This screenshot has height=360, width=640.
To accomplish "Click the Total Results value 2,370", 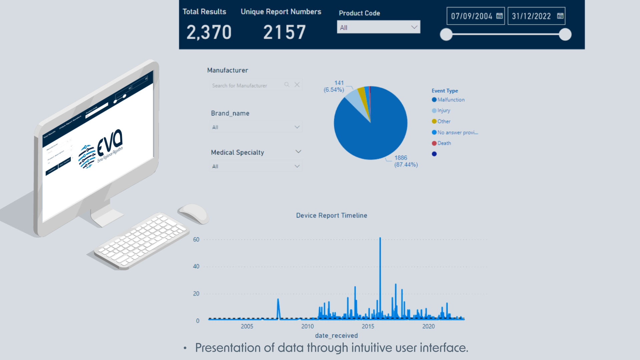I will click(x=209, y=32).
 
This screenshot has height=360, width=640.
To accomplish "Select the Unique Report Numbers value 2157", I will click(x=284, y=32).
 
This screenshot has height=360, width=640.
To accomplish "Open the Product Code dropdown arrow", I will click(x=414, y=27).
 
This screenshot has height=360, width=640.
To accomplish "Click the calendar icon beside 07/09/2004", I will click(x=499, y=16).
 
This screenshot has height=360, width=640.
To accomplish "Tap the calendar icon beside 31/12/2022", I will click(x=560, y=16).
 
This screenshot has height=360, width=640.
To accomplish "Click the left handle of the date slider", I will click(x=446, y=34).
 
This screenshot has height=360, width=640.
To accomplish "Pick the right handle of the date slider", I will click(x=565, y=34).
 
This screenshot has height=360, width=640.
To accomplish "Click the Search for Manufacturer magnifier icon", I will click(x=287, y=85).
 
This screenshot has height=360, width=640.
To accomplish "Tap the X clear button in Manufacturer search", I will click(x=297, y=85).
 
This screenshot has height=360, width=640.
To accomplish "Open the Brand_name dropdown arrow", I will click(x=297, y=127).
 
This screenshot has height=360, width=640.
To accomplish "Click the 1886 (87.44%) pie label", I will click(x=406, y=161).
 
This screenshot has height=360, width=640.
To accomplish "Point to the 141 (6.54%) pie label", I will click(x=334, y=86).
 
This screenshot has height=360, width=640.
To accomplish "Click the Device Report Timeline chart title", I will click(x=332, y=216).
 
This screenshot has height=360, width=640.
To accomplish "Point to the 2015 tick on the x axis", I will click(x=368, y=326).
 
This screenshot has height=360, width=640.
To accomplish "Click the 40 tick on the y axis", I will click(x=196, y=266).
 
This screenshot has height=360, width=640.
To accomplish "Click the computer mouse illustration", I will click(x=194, y=213).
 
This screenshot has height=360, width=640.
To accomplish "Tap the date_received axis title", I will click(x=336, y=336).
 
